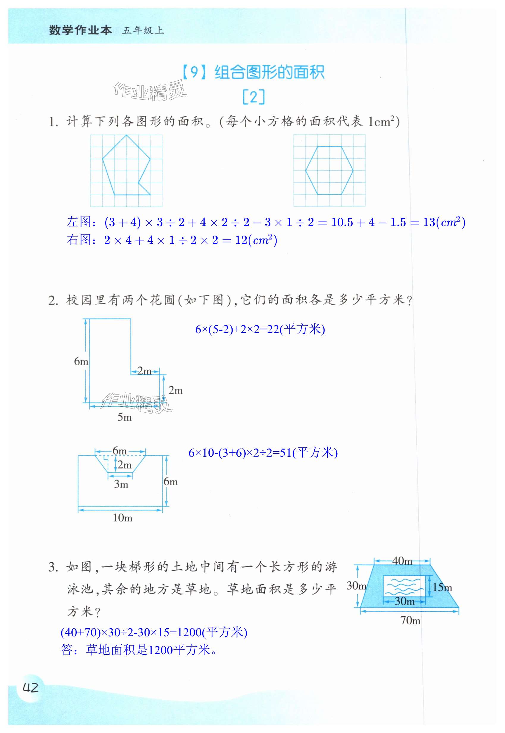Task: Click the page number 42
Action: (30, 687)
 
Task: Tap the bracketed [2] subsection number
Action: (253, 97)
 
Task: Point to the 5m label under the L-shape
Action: (124, 417)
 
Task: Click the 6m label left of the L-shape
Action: (81, 361)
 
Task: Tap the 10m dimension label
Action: (123, 518)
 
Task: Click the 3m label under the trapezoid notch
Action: (121, 484)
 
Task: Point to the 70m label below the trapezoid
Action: (410, 620)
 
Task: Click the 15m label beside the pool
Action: (442, 588)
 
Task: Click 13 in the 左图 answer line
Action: (429, 222)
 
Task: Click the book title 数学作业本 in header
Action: (80, 30)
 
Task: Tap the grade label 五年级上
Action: (143, 31)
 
